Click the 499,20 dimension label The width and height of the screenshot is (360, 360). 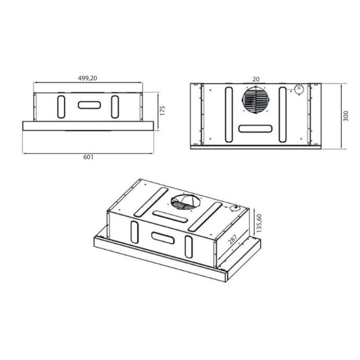[x=87, y=78]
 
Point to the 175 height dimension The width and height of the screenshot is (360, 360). [x=163, y=111]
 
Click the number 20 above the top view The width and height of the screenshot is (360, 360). [x=256, y=79]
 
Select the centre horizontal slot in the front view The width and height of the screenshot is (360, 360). [x=89, y=105]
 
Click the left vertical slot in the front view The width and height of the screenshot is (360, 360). [x=61, y=106]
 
